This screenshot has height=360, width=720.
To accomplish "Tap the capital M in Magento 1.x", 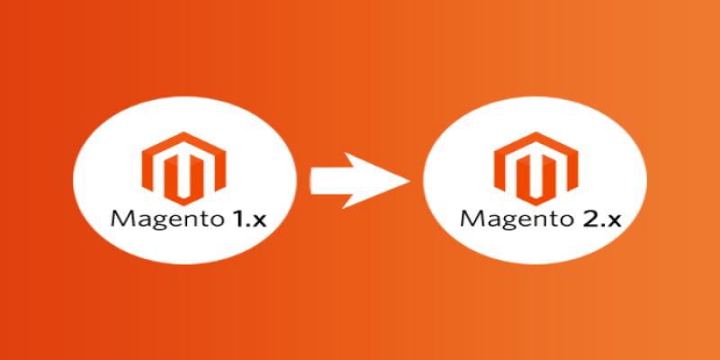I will tap(119, 217).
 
